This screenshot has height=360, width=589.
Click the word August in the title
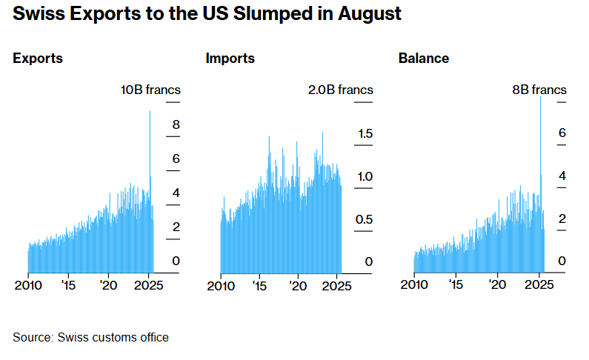tap(364, 15)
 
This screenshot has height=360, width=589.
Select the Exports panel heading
tap(38, 58)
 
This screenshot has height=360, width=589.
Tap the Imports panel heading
tap(230, 58)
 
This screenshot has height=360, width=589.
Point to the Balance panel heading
tap(424, 58)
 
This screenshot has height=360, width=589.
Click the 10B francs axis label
tap(151, 90)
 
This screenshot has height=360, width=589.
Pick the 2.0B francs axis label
tap(341, 90)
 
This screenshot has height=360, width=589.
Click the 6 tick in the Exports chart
tap(176, 159)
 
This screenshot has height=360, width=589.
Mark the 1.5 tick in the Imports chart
tap(364, 133)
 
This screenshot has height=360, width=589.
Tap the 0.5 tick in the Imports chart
tap(364, 219)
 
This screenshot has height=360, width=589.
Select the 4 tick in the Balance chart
tap(562, 176)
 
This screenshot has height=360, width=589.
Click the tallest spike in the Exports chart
tap(150, 113)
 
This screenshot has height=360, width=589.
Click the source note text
tap(90, 338)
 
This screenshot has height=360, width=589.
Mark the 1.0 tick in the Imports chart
tap(364, 176)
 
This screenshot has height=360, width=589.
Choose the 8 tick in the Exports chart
tap(176, 124)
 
